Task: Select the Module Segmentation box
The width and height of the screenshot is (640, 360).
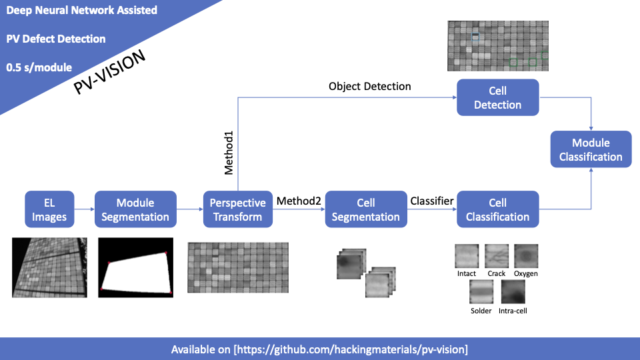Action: tap(135, 209)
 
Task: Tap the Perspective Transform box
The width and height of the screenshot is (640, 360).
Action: tap(238, 209)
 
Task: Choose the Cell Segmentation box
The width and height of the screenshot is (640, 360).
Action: tap(365, 209)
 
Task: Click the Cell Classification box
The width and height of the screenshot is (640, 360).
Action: tap(497, 209)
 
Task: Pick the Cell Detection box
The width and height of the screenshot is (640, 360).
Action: tap(497, 97)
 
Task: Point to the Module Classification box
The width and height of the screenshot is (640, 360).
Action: tap(591, 150)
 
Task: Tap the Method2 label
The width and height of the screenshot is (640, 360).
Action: tap(299, 201)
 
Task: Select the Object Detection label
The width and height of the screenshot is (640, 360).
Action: tap(370, 87)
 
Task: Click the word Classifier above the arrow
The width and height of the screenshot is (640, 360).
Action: tap(432, 201)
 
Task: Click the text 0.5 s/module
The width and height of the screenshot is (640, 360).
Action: tap(39, 67)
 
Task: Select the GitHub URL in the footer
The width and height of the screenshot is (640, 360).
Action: tap(351, 349)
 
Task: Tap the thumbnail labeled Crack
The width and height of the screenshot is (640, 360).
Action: tap(497, 255)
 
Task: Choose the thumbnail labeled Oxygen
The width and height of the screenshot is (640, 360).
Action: tap(525, 255)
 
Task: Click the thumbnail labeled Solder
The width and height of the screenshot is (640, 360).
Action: tap(481, 291)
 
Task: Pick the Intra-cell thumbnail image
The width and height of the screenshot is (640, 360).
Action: tap(513, 291)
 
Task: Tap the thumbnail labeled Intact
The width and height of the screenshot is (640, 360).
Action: tap(467, 255)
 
